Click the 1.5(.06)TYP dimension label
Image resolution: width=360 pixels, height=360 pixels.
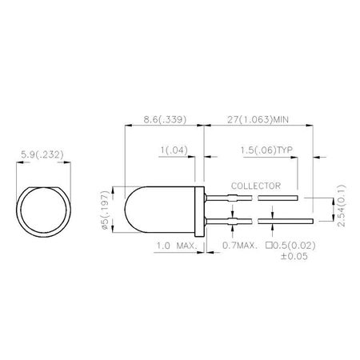[x=268, y=149]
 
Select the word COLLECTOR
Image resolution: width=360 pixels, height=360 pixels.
[x=255, y=184]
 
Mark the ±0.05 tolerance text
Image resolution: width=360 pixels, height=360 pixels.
[x=294, y=257]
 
